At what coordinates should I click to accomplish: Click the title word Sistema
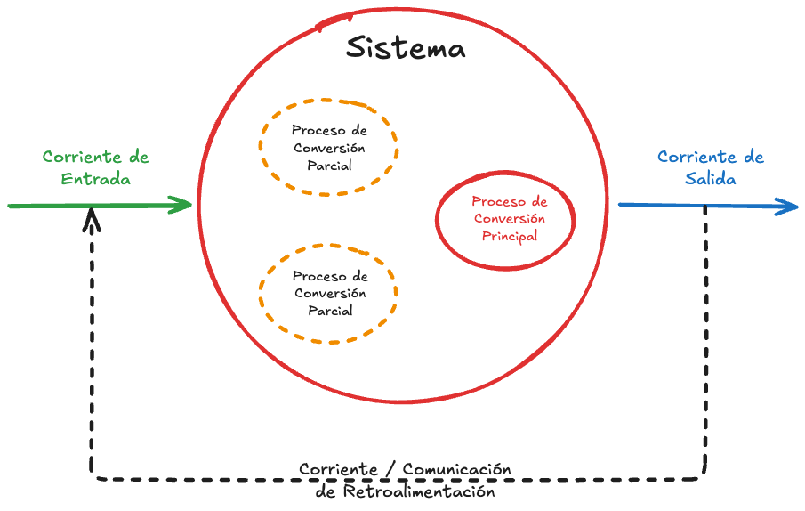point(405,47)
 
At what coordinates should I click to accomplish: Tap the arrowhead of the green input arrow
point(185,206)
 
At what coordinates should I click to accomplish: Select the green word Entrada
point(96,179)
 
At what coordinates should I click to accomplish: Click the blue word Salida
point(710,179)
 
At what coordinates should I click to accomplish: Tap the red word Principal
point(510,236)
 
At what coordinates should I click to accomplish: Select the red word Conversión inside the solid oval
point(510,219)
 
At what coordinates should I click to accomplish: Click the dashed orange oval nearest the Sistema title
point(329,147)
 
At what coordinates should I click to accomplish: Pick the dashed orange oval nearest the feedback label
point(328,293)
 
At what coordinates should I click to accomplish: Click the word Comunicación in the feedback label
point(457,469)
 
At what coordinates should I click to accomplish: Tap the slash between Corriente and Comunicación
point(391,469)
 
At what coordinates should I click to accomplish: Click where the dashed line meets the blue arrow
point(705,207)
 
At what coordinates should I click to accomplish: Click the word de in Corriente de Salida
point(753,158)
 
